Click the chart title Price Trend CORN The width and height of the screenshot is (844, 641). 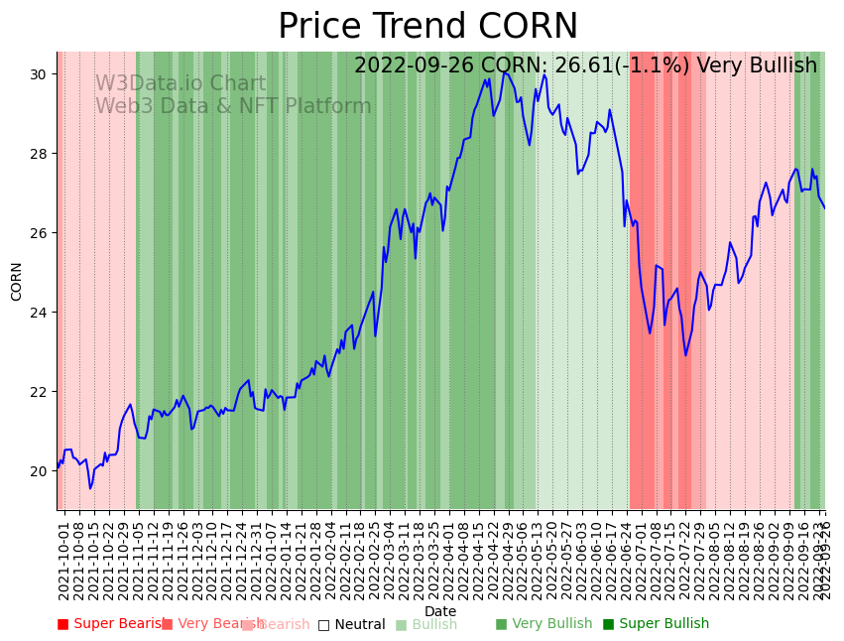tap(427, 27)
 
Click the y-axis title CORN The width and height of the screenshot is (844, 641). tap(17, 281)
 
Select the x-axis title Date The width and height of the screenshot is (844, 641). tap(440, 612)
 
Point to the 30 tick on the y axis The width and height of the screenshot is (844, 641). tap(40, 74)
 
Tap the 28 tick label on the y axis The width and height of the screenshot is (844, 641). tap(40, 154)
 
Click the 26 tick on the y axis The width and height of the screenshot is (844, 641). tap(40, 233)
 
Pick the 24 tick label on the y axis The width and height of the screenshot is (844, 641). tap(40, 313)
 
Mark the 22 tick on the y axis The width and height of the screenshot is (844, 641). tap(40, 392)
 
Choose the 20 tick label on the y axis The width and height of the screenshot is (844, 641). tap(40, 471)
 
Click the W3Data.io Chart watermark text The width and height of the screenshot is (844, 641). tap(181, 84)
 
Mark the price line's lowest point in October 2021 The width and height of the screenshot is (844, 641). tap(90, 488)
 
